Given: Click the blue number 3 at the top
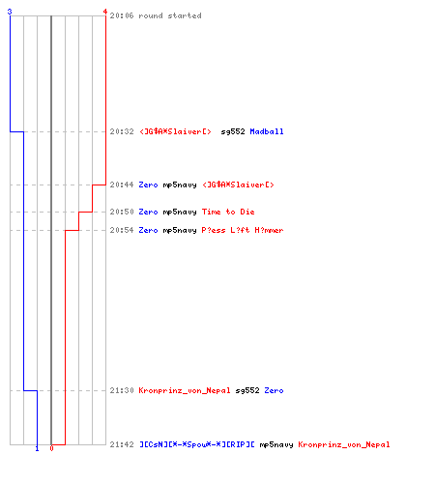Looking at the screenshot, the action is click(10, 12).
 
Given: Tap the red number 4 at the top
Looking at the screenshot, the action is click(105, 12).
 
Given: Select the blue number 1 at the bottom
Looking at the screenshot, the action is click(37, 448).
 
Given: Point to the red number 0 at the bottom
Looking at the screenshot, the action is click(51, 448).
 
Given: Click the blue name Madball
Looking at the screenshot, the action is click(267, 131).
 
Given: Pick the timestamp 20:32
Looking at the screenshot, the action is click(122, 131).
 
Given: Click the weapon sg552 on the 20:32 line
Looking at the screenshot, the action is click(233, 132).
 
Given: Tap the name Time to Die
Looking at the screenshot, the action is click(228, 212).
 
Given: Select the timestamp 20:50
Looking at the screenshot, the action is click(122, 212).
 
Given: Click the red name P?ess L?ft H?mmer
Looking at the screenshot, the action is click(243, 230).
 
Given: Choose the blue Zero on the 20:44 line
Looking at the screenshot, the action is click(148, 185).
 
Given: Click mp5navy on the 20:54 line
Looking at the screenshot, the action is click(180, 231).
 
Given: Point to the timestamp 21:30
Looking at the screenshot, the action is click(122, 390).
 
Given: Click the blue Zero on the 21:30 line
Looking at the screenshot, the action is click(274, 390).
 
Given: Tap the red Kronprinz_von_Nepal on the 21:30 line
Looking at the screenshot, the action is click(185, 390).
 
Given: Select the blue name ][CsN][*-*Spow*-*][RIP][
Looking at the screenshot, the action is click(197, 444).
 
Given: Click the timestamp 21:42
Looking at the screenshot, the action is click(122, 444).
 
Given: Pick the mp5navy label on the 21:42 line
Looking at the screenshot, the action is click(276, 445).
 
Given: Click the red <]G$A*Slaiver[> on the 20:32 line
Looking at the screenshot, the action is click(175, 131).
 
